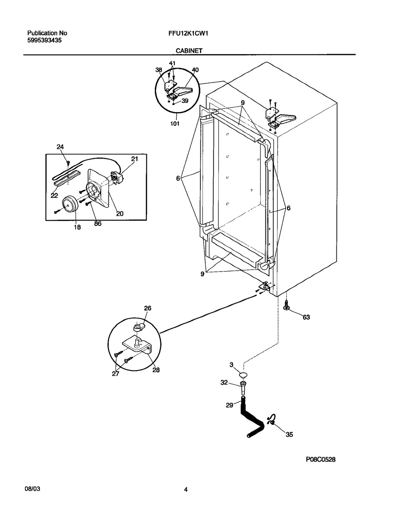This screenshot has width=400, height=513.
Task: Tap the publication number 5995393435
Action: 44,40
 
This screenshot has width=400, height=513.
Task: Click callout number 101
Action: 175,123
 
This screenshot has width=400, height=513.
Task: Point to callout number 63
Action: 306,317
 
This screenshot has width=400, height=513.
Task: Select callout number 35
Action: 289,434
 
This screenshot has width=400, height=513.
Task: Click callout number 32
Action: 224,383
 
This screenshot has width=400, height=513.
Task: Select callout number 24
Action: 60,147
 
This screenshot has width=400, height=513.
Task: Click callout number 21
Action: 134,159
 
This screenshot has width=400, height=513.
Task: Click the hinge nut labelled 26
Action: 137,328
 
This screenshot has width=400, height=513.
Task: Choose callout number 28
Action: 156,370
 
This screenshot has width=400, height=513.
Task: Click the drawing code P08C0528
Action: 321,460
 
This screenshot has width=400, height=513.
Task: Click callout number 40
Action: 195,70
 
